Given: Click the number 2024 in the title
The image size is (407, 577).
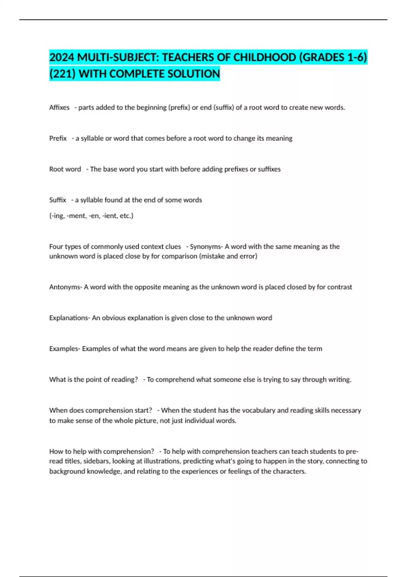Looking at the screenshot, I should coord(62,57).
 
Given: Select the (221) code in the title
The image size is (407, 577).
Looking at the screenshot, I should coord(62,74).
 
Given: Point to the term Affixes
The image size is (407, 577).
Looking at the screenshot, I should coord(59,108).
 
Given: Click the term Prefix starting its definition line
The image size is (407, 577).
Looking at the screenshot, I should coord(58,138).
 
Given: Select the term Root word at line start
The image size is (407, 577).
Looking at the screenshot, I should coord(65,169).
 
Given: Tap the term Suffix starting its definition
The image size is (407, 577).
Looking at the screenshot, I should coord(58,200).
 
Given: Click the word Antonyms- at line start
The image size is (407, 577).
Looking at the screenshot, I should coord(65,287).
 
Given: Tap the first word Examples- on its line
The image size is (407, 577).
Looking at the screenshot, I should coord(64,349).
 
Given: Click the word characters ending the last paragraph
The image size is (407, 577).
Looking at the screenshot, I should coord(289,471).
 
